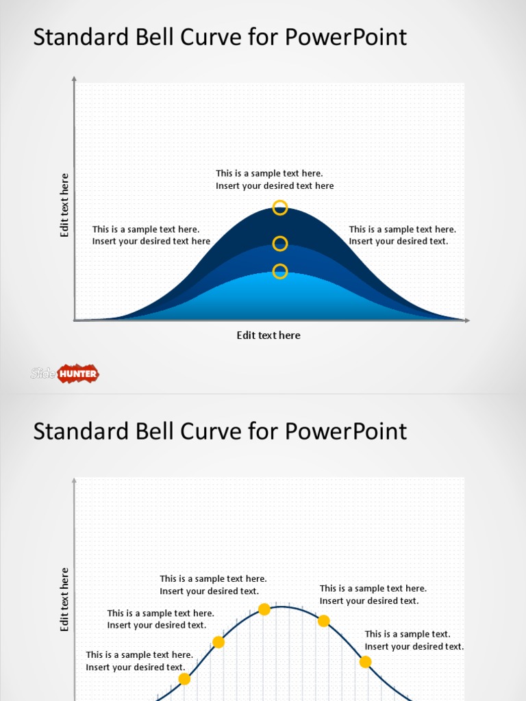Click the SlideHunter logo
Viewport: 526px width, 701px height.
pos(65,373)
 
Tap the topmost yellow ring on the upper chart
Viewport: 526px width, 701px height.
pos(280,207)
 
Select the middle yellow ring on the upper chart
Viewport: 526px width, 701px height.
pos(280,244)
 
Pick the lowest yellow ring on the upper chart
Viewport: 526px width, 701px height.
pos(280,272)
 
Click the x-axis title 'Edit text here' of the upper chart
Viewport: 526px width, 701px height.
pos(268,335)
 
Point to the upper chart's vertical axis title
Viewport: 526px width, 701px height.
pos(65,205)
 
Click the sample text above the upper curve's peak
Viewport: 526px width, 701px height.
pos(275,180)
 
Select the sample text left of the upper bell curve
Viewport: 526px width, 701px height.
pos(151,235)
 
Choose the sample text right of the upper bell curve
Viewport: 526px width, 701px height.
pos(402,235)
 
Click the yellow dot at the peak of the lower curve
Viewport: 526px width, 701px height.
pos(264,609)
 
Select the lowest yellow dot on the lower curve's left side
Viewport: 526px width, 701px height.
pos(184,679)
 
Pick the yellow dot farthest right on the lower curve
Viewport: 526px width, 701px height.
pos(366,662)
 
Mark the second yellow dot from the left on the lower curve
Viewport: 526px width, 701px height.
pos(218,642)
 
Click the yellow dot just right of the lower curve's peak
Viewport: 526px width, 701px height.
pos(324,621)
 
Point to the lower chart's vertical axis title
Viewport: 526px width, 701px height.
pos(65,600)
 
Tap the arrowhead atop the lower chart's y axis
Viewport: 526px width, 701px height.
pos(74,481)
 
